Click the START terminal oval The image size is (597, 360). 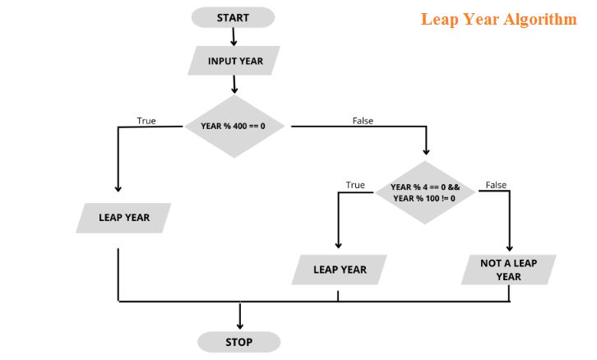pyautogui.click(x=233, y=17)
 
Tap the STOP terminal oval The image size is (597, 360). pyautogui.click(x=238, y=342)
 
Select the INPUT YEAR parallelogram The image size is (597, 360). pyautogui.click(x=234, y=61)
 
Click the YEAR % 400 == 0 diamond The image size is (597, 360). pyautogui.click(x=233, y=126)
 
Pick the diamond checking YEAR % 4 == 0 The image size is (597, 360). pyautogui.click(x=423, y=193)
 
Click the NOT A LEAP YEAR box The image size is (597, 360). pyautogui.click(x=508, y=270)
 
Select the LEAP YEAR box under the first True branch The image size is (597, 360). pyautogui.click(x=124, y=218)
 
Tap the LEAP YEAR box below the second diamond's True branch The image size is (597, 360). pyautogui.click(x=340, y=270)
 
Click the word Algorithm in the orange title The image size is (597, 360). pyautogui.click(x=539, y=19)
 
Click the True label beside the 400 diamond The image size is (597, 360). pyautogui.click(x=146, y=121)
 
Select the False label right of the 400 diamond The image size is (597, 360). pyautogui.click(x=363, y=121)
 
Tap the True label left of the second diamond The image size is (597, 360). pyautogui.click(x=355, y=185)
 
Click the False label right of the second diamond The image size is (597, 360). pyautogui.click(x=496, y=185)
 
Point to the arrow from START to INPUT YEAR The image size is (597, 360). pyautogui.click(x=234, y=37)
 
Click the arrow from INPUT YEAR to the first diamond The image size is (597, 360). pyautogui.click(x=234, y=84)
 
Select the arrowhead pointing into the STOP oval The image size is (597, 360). pyautogui.click(x=240, y=324)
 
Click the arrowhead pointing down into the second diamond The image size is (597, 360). pyautogui.click(x=425, y=150)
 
